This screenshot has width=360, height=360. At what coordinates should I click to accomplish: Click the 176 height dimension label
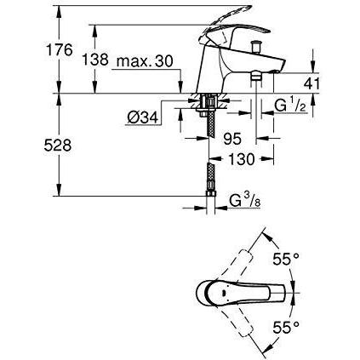[60, 49]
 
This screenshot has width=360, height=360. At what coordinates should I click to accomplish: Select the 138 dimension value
[95, 60]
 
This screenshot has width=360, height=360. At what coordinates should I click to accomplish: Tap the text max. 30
[145, 61]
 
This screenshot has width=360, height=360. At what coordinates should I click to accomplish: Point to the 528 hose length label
[58, 146]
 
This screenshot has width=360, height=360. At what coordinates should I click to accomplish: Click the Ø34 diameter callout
[142, 117]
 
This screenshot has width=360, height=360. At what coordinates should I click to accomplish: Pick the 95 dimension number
[232, 139]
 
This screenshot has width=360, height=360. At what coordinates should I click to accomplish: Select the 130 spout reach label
[242, 159]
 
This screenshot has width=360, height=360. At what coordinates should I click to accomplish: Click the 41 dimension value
[311, 84]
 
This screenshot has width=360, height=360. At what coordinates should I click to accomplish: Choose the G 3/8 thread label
[245, 201]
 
